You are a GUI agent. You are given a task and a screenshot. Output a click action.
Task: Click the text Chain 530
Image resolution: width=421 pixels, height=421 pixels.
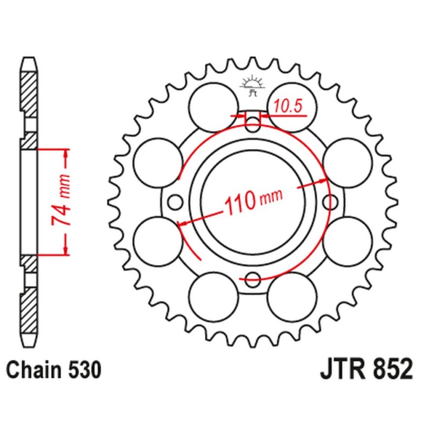[53, 370]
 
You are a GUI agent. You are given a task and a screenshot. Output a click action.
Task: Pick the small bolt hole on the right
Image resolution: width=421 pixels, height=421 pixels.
[331, 202]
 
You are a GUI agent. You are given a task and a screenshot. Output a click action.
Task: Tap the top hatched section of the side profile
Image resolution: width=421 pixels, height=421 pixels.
[29, 94]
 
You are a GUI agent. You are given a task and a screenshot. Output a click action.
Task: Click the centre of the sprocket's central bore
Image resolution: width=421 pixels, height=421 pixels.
[253, 202]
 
